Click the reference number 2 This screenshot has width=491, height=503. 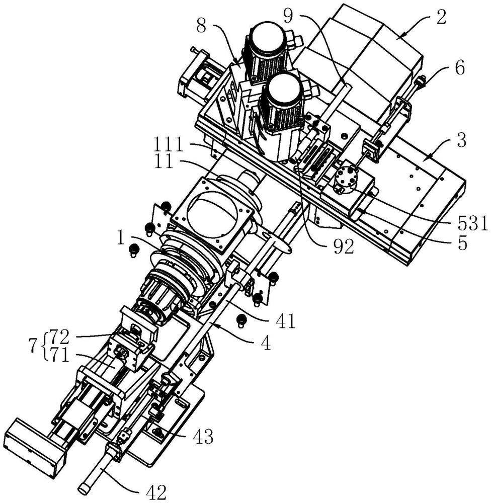tap(441, 18)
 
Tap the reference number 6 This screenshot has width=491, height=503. tap(460, 68)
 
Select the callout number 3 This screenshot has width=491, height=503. tap(461, 140)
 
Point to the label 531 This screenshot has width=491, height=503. tap(472, 224)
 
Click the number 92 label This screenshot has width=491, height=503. tap(344, 246)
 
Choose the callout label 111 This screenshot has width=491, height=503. tap(168, 145)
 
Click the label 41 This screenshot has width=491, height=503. tap(285, 321)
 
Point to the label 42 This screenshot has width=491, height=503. tap(156, 491)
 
